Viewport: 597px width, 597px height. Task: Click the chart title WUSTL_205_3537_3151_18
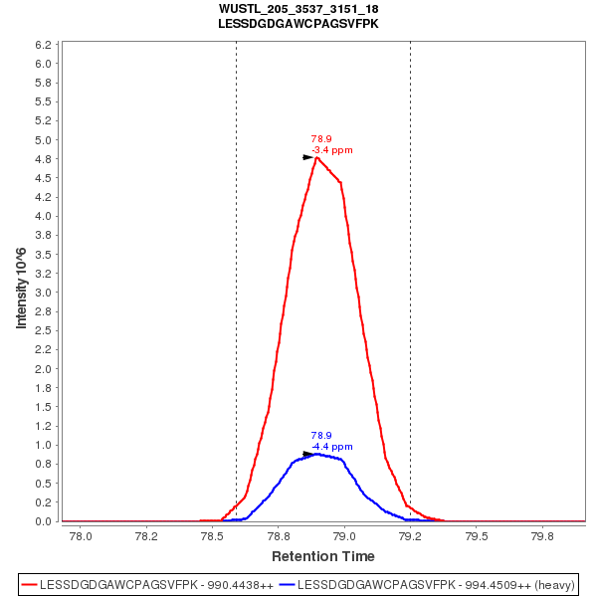298,9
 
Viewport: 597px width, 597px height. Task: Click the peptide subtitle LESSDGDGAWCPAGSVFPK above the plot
298,23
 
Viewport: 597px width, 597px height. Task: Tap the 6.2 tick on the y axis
43,46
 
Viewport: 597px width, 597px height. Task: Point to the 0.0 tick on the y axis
43,521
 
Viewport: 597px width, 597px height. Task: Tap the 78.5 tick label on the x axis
212,535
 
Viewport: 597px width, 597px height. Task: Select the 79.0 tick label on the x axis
344,535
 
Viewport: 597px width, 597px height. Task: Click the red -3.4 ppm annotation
332,150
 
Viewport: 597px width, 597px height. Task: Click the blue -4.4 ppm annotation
332,447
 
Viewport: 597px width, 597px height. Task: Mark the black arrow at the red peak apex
308,157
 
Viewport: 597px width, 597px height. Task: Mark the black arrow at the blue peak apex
308,454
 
